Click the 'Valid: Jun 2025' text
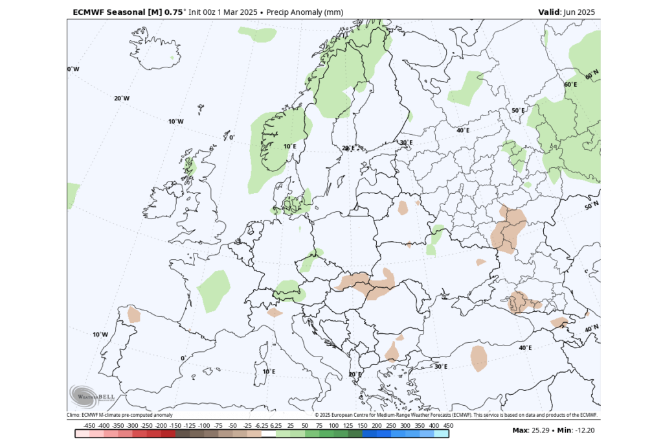click(566, 12)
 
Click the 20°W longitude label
click(122, 99)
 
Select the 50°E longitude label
click(518, 111)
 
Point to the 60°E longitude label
click(570, 85)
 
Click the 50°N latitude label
click(592, 206)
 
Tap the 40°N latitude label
click(592, 329)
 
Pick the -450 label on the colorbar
click(89, 425)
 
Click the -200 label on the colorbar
click(161, 425)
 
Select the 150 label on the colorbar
click(362, 425)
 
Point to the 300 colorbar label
click(405, 425)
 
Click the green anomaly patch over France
click(214, 290)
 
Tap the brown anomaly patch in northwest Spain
click(134, 314)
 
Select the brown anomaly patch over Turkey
click(479, 358)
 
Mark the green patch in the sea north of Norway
click(257, 34)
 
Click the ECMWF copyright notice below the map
click(456, 415)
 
